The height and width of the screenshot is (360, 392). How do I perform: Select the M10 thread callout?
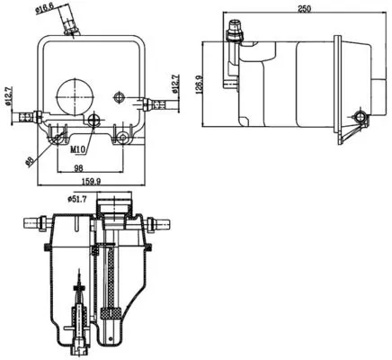tap(81, 150)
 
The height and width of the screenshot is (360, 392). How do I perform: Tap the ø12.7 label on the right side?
tap(176, 86)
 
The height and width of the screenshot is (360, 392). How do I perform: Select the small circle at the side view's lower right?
tap(361, 118)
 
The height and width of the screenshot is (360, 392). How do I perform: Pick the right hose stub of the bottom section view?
tap(165, 221)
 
